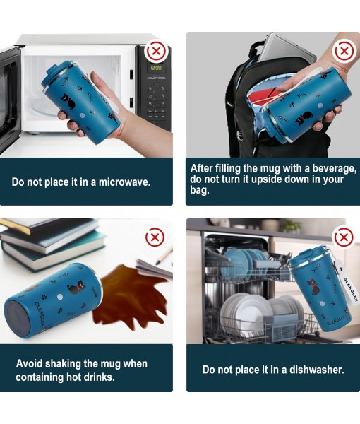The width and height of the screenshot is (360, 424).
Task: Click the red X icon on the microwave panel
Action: point(156,51)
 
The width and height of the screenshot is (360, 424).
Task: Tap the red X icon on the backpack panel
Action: point(344,51)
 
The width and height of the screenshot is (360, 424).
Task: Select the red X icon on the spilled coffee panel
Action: point(155,237)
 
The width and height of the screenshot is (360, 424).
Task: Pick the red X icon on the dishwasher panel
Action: point(344,237)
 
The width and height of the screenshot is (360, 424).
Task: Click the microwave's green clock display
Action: point(156,68)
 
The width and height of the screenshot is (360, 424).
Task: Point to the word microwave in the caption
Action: point(124,182)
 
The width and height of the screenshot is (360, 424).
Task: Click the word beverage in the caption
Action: point(335,168)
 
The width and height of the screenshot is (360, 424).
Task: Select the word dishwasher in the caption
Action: point(317,370)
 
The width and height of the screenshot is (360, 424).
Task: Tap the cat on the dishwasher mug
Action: point(313,288)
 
